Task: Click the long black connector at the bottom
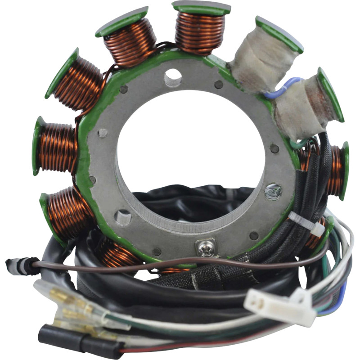click(81, 340)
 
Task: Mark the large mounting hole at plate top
click(173, 77)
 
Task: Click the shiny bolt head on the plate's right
click(273, 192)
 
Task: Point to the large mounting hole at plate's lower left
click(122, 218)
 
